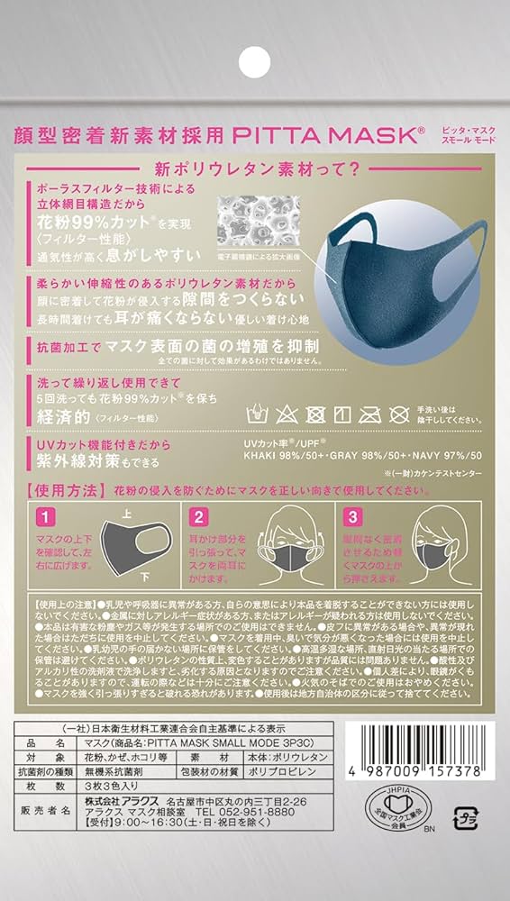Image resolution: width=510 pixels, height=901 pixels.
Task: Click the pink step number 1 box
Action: [x=44, y=518]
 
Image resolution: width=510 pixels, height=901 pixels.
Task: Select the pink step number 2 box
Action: [x=197, y=518]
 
